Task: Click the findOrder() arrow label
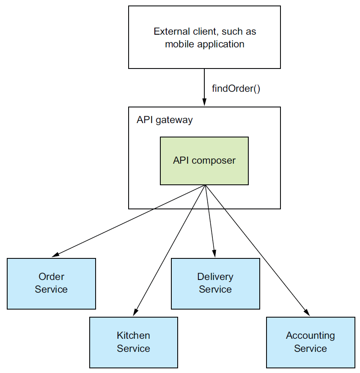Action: coord(236,89)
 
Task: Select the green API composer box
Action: coord(204,161)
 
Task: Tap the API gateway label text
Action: coord(165,120)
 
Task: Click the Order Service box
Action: coord(51,283)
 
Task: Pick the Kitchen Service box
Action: coord(134,342)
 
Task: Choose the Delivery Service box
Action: coord(215,283)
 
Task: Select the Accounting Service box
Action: coord(311,342)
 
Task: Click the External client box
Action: coord(204,37)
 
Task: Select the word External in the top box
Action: coord(172,31)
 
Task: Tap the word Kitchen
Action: coord(133,335)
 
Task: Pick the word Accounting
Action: coord(310,336)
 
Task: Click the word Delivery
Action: coord(215,277)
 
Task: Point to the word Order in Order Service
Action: coord(51,277)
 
